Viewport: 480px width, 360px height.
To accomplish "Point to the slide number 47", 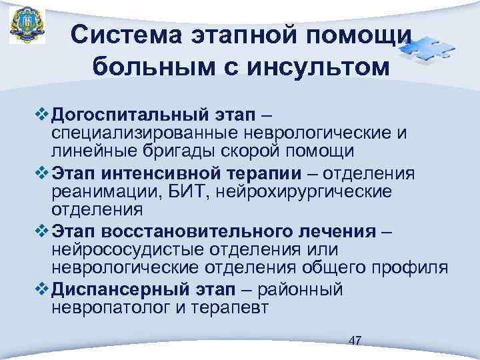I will click(355, 341).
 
